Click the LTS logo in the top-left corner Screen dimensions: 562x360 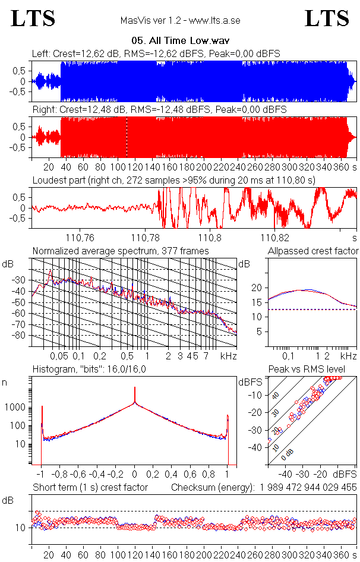tap(33, 19)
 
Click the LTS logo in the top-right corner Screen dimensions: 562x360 tap(327, 19)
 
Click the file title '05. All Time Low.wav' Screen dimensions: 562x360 tap(180, 42)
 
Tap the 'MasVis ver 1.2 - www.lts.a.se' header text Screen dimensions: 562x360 tap(180, 21)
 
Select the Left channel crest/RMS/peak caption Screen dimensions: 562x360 tap(156, 54)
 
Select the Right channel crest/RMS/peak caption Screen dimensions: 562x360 tap(159, 110)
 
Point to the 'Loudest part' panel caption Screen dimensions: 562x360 tap(173, 179)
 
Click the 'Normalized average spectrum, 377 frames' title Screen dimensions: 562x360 tap(121, 251)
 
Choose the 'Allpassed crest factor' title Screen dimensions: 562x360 tap(313, 251)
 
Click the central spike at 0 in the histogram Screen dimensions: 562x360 tap(135, 395)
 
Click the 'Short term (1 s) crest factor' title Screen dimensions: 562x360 tap(90, 488)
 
